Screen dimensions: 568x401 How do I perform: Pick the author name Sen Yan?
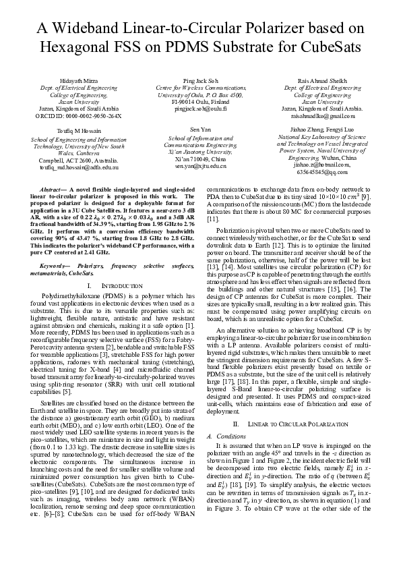(200, 128)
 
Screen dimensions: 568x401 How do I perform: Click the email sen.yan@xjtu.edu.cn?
(200, 165)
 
